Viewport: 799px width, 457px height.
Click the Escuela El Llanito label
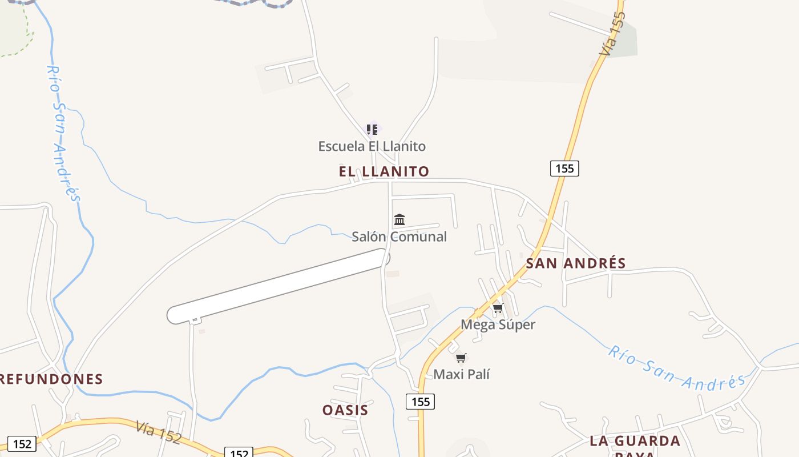click(x=372, y=146)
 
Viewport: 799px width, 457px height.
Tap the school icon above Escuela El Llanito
click(x=372, y=130)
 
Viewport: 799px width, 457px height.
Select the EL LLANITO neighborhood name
click(x=384, y=171)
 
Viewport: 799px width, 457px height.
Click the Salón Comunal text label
click(x=399, y=236)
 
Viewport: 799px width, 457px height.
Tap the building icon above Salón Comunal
click(x=399, y=219)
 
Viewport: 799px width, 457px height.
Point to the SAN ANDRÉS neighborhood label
click(x=575, y=263)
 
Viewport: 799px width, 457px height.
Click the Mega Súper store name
click(x=498, y=324)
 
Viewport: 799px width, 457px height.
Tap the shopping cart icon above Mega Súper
click(x=498, y=308)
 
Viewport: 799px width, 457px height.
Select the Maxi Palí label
click(x=462, y=374)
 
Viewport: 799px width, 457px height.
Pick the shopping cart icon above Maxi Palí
click(x=461, y=358)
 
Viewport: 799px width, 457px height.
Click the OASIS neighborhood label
click(x=345, y=410)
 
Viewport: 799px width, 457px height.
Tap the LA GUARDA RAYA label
click(x=635, y=442)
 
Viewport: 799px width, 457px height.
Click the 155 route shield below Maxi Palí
click(x=421, y=402)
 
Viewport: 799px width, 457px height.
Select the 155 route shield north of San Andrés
click(x=564, y=168)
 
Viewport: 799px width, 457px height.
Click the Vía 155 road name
click(x=612, y=33)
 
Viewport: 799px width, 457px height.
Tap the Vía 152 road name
click(x=158, y=432)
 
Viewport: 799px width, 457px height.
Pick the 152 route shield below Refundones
click(x=22, y=443)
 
